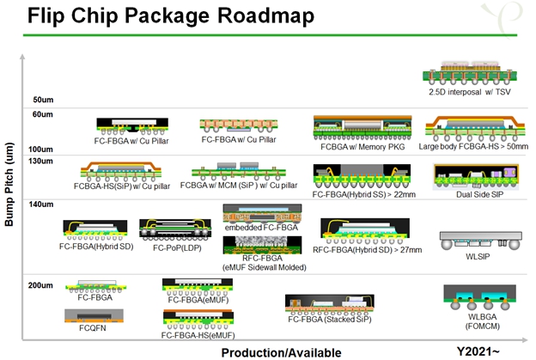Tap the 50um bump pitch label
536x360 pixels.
point(43,99)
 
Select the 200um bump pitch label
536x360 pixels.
point(43,284)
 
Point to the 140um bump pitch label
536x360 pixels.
point(43,204)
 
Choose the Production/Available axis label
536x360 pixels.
point(281,351)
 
